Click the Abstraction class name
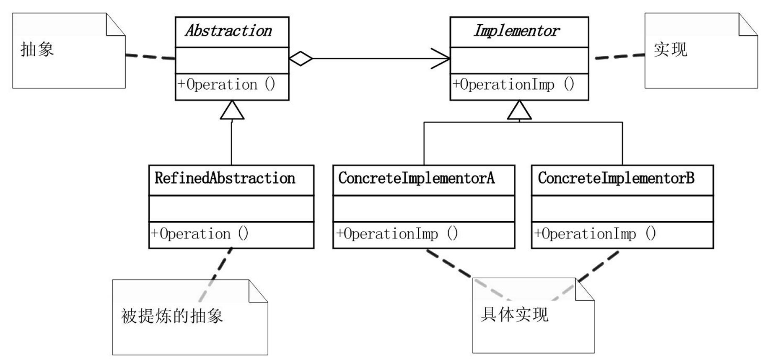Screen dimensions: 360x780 229,31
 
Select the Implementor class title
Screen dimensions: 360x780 516,31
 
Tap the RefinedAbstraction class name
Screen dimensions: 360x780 225,179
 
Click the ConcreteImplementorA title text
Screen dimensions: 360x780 416,179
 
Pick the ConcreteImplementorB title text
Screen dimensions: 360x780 616,179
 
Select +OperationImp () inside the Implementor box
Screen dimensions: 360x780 513,85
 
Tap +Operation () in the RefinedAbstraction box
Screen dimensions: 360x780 200,234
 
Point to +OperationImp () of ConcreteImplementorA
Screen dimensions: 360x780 396,234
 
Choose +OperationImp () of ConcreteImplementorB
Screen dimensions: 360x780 595,234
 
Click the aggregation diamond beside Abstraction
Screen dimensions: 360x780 301,59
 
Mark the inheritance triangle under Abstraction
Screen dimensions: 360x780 232,111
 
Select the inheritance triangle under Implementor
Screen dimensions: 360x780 519,111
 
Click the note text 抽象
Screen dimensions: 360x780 37,49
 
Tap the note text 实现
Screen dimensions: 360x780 670,49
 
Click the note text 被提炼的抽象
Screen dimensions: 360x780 172,316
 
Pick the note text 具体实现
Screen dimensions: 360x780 514,314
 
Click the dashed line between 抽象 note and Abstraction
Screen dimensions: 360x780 150,57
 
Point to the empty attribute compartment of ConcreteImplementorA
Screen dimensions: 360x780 424,209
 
